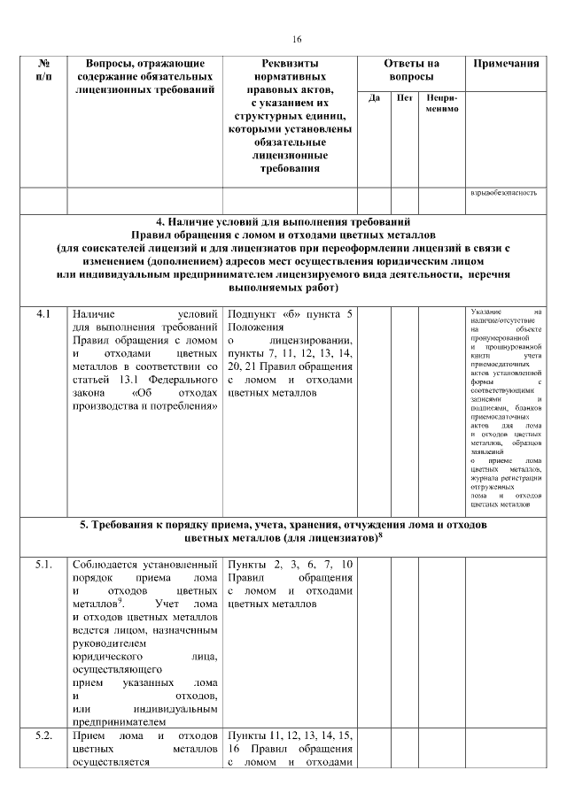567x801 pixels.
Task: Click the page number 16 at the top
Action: [297, 38]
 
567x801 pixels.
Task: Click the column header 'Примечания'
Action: [507, 65]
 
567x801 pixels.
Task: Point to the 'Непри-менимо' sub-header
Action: [440, 103]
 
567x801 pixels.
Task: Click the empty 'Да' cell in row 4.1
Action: [374, 407]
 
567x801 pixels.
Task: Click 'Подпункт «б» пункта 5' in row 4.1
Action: [291, 314]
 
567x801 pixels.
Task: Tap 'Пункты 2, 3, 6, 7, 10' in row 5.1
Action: [291, 565]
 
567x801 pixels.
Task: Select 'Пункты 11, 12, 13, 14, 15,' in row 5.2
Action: [291, 736]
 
